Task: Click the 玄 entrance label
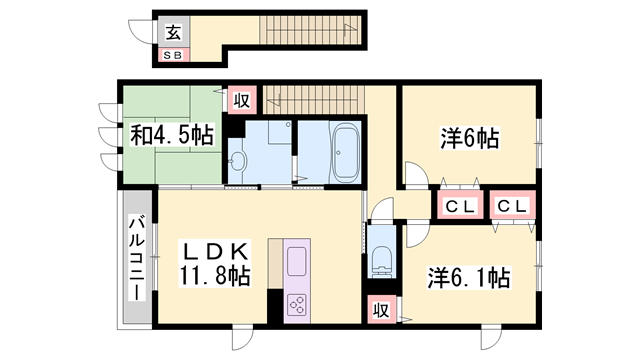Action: pos(173,31)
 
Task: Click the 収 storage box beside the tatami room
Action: pos(241,99)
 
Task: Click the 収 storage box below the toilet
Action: pos(380,310)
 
